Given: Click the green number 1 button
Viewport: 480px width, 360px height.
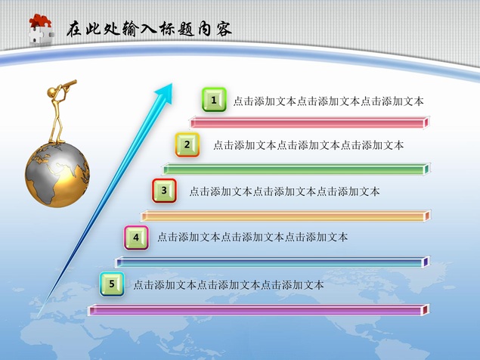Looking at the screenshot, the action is (214, 100).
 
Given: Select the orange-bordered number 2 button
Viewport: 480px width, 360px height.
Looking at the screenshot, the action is (187, 144).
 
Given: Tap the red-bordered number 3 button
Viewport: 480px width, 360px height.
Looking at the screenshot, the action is (164, 191).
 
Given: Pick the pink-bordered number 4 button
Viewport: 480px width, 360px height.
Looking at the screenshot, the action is (136, 237).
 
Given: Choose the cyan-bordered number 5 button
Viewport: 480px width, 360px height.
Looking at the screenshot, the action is (112, 284).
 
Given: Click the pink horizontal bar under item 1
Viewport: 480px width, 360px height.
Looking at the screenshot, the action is (310, 123).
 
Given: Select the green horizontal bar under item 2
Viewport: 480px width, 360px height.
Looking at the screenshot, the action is (296, 169).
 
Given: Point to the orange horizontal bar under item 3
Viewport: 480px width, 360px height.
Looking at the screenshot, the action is (286, 216).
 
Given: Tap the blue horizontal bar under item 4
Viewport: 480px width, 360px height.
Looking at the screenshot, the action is (272, 262).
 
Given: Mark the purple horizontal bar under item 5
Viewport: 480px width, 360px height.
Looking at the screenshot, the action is (259, 310).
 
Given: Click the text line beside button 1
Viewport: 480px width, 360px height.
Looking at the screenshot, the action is (329, 101).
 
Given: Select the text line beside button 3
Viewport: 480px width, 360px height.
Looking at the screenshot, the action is (284, 191).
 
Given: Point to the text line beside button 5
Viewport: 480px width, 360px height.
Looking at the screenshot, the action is (228, 285).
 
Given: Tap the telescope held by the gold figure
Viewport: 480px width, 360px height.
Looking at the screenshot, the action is (69, 85).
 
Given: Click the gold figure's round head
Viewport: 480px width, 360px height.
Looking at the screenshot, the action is (53, 92).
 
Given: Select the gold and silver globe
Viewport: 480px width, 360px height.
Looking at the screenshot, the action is (57, 175).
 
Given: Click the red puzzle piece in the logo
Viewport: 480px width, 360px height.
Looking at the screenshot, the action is (40, 21).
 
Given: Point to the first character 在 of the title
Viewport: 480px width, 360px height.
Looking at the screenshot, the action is (74, 29).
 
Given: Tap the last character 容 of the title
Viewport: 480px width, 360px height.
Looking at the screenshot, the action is (224, 29).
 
